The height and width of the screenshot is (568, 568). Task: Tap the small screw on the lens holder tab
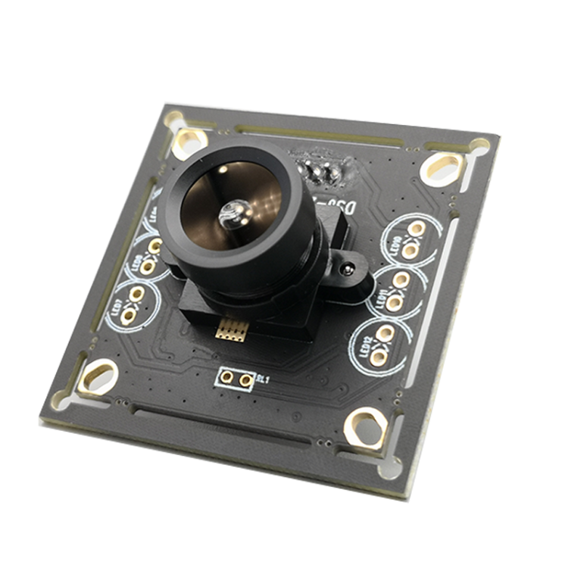coord(348,268)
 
